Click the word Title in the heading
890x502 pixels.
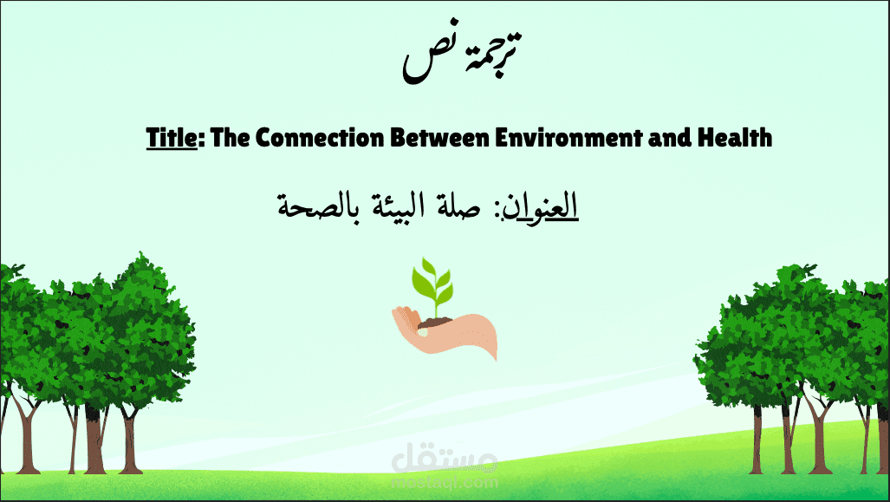(x=172, y=137)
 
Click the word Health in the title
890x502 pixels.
(x=731, y=137)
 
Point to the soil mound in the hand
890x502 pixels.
(x=433, y=322)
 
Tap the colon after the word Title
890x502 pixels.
(x=200, y=139)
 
